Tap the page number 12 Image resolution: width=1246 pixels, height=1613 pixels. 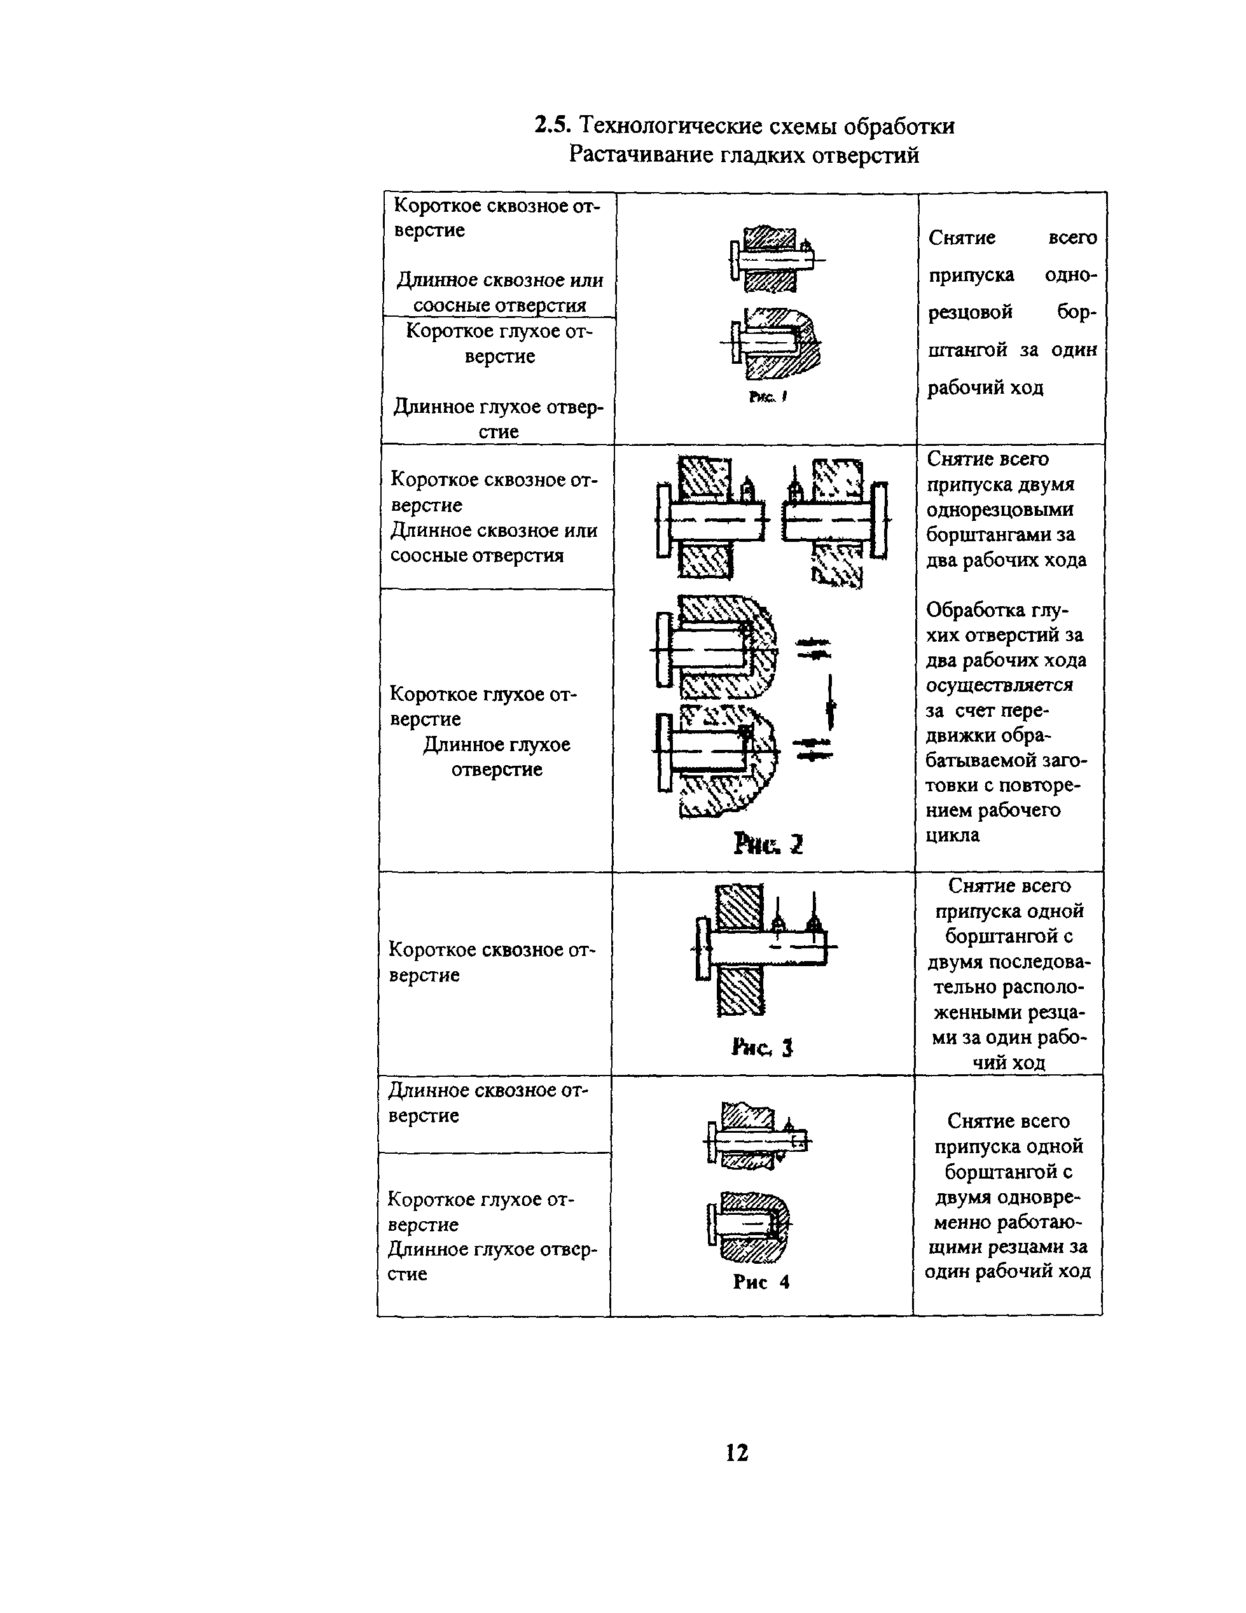click(x=737, y=1452)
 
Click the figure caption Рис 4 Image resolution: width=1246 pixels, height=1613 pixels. click(x=761, y=1282)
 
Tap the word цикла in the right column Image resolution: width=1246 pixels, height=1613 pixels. click(x=953, y=835)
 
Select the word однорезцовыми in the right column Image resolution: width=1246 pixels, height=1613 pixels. click(x=1000, y=509)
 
